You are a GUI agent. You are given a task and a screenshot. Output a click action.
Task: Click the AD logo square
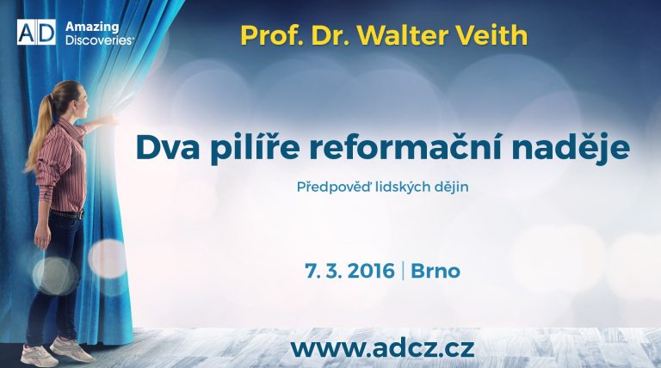36,32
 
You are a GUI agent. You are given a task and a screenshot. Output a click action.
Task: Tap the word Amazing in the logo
92,28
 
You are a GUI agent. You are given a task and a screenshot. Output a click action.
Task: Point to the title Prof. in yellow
272,35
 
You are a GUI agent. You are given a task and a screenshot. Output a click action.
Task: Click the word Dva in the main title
168,147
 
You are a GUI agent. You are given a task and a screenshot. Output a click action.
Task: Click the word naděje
571,148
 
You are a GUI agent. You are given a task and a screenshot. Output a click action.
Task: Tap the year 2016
371,271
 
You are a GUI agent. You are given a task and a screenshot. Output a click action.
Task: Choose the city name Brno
436,271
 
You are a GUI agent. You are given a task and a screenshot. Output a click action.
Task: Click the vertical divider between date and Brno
403,271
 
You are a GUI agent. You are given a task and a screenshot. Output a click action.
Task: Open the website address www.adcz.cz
382,348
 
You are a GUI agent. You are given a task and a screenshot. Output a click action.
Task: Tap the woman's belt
66,214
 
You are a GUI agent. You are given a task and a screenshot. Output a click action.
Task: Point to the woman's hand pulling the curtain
109,120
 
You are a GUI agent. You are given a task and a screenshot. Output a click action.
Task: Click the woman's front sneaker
72,350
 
